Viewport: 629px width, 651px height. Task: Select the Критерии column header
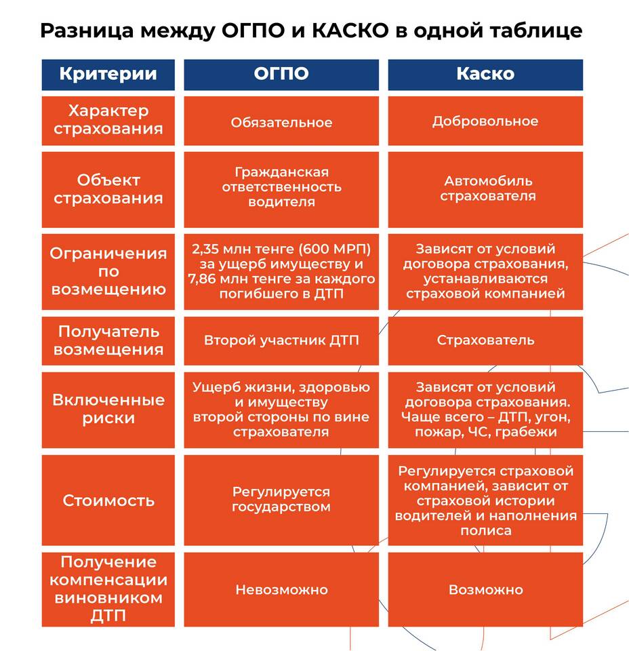[x=108, y=74]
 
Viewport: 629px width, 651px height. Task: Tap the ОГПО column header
[x=281, y=74]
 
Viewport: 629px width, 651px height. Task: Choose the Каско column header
[x=485, y=74]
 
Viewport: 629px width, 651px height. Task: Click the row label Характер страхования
[x=108, y=119]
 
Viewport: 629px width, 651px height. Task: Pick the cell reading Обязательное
[x=281, y=123]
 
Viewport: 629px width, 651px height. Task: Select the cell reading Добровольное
[x=485, y=121]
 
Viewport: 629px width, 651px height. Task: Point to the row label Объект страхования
[x=108, y=189]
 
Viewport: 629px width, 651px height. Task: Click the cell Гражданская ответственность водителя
[x=281, y=186]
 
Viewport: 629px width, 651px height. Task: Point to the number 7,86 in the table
[x=204, y=279]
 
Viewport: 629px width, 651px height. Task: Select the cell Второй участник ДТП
[x=281, y=340]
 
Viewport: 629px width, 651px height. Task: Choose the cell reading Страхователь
[x=485, y=340]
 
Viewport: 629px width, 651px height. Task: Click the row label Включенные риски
[x=108, y=409]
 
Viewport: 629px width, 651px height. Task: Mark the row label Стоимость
[x=108, y=500]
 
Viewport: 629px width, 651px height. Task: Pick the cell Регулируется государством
[x=281, y=499]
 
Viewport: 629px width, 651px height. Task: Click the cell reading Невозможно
[x=281, y=590]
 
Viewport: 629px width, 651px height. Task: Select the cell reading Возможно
[x=485, y=590]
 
